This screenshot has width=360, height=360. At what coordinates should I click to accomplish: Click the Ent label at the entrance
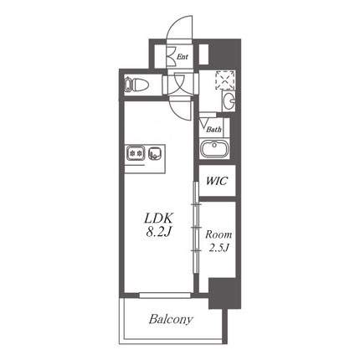[x=183, y=57]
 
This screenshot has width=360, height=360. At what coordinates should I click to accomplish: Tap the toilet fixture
[x=136, y=85]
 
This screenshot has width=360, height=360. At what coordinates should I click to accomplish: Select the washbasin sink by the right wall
[x=229, y=101]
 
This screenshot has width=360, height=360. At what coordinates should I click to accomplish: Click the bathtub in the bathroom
[x=214, y=149]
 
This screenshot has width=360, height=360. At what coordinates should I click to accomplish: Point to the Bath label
[x=214, y=130]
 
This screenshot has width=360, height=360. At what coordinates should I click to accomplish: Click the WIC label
[x=217, y=181]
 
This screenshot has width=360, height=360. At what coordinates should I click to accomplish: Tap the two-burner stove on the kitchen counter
[x=136, y=152]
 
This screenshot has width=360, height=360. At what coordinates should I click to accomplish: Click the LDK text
[x=159, y=219]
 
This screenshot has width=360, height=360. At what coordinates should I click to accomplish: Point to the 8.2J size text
[x=158, y=232]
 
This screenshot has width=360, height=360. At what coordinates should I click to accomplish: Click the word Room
[x=219, y=234]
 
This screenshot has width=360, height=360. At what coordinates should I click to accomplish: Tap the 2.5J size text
[x=219, y=248]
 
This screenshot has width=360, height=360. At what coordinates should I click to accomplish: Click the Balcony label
[x=171, y=319]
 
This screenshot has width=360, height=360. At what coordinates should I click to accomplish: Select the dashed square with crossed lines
[x=225, y=80]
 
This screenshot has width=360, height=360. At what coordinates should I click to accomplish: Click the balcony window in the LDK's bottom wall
[x=165, y=295]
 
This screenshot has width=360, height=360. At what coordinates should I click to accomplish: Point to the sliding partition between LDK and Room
[x=196, y=228]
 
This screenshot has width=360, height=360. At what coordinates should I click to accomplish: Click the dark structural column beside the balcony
[x=224, y=293]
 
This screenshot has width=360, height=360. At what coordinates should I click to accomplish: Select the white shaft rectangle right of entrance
[x=204, y=54]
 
